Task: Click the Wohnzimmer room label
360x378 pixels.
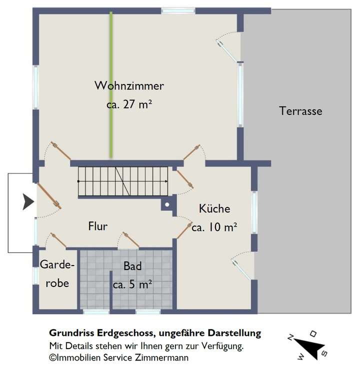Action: pos(129,86)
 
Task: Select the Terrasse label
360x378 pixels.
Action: pos(300,111)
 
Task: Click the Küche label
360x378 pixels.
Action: pos(214,208)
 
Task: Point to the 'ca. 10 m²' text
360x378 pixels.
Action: pos(214,227)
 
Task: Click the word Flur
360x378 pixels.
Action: pos(97,226)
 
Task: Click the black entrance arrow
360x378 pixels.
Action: pos(28,202)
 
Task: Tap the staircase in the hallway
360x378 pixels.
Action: pos(122,181)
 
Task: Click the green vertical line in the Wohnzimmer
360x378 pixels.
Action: pos(111,85)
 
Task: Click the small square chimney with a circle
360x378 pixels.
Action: pos(167,204)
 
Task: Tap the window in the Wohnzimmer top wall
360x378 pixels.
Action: pos(178,10)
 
